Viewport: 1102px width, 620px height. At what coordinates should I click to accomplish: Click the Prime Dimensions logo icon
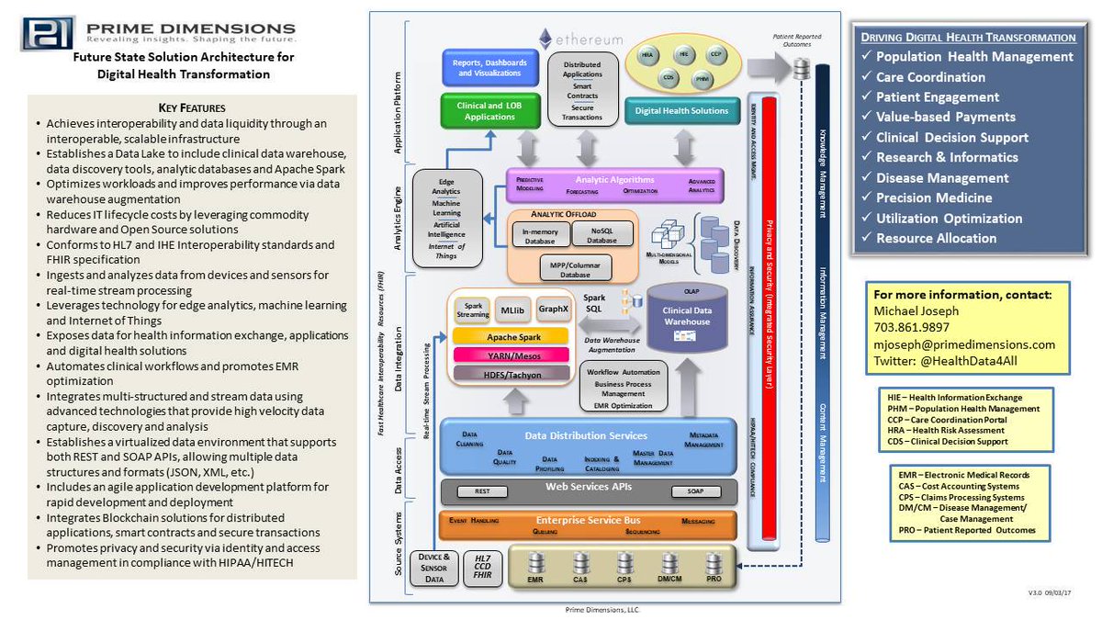pos(50,31)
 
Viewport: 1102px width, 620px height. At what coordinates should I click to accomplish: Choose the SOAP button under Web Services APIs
pos(696,491)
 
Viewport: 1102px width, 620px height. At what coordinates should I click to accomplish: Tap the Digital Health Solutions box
pos(682,111)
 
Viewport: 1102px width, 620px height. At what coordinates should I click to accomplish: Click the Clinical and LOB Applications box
pos(490,111)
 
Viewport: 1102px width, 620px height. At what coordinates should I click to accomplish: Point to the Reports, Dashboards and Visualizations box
pos(490,67)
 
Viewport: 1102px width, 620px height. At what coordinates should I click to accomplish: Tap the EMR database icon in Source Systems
pos(536,565)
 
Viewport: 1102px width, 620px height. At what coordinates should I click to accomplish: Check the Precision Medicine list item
pos(934,197)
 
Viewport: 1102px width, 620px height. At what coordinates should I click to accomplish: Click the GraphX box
pos(555,310)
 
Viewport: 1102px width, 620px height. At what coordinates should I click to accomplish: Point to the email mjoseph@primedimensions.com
pos(963,344)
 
